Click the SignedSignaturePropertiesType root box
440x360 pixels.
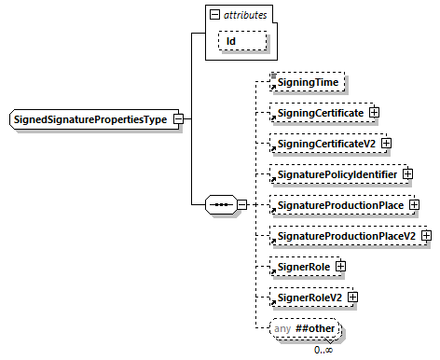click(94, 119)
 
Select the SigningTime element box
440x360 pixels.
click(307, 83)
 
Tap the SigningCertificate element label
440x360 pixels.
click(318, 113)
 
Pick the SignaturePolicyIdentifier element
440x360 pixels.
click(333, 174)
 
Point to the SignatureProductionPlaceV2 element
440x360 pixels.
click(343, 236)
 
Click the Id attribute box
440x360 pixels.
click(242, 42)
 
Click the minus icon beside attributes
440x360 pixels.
click(216, 15)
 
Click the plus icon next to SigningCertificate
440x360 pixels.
click(375, 113)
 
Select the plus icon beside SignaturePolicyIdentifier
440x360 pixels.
click(407, 174)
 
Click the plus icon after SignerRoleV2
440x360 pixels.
click(353, 298)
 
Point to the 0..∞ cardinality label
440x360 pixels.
click(324, 350)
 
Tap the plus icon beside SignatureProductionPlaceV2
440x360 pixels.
click(427, 236)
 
